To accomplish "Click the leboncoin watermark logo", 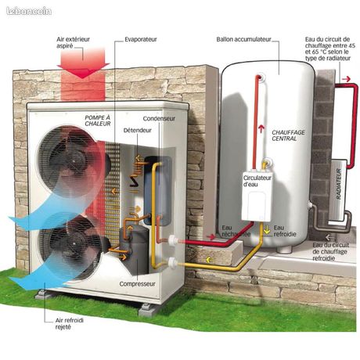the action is pyautogui.click(x=29, y=11).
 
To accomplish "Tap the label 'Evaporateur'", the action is pyautogui.click(x=141, y=39).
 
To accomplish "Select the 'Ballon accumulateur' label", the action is pyautogui.click(x=243, y=39).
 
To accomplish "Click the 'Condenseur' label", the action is pyautogui.click(x=159, y=118).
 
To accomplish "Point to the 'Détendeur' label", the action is pyautogui.click(x=138, y=130).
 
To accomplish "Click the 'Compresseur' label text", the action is pyautogui.click(x=137, y=284).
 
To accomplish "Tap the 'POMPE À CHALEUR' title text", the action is pyautogui.click(x=98, y=121).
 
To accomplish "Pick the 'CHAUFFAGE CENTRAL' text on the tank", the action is pyautogui.click(x=288, y=135).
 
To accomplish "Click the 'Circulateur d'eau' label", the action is pyautogui.click(x=257, y=181).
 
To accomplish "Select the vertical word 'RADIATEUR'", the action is pyautogui.click(x=339, y=184).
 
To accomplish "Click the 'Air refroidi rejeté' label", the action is pyautogui.click(x=70, y=323).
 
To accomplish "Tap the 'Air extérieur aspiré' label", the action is pyautogui.click(x=73, y=42).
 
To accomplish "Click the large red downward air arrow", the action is pyautogui.click(x=83, y=63).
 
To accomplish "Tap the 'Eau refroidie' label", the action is pyautogui.click(x=285, y=231).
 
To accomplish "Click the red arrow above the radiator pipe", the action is pyautogui.click(x=346, y=79).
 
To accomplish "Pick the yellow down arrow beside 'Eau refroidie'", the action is pyautogui.click(x=267, y=230).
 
